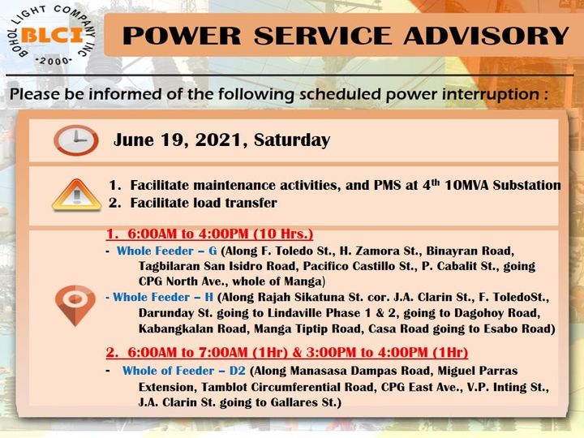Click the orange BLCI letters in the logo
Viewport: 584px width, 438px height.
click(x=52, y=36)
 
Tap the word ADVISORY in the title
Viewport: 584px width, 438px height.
click(x=487, y=36)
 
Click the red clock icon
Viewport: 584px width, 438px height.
click(x=76, y=140)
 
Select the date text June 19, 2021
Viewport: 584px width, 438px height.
click(x=178, y=140)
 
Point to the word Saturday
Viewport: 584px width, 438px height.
click(x=292, y=140)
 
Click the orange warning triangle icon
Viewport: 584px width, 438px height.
click(x=77, y=195)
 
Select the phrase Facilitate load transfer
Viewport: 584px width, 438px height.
click(x=204, y=203)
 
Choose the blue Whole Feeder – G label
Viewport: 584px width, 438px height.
click(x=167, y=251)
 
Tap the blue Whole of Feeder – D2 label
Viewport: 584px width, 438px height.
click(x=184, y=371)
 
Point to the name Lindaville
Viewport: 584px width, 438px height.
click(x=295, y=313)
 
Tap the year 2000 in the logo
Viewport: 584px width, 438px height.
click(x=54, y=61)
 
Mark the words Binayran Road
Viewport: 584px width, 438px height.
click(x=470, y=251)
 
